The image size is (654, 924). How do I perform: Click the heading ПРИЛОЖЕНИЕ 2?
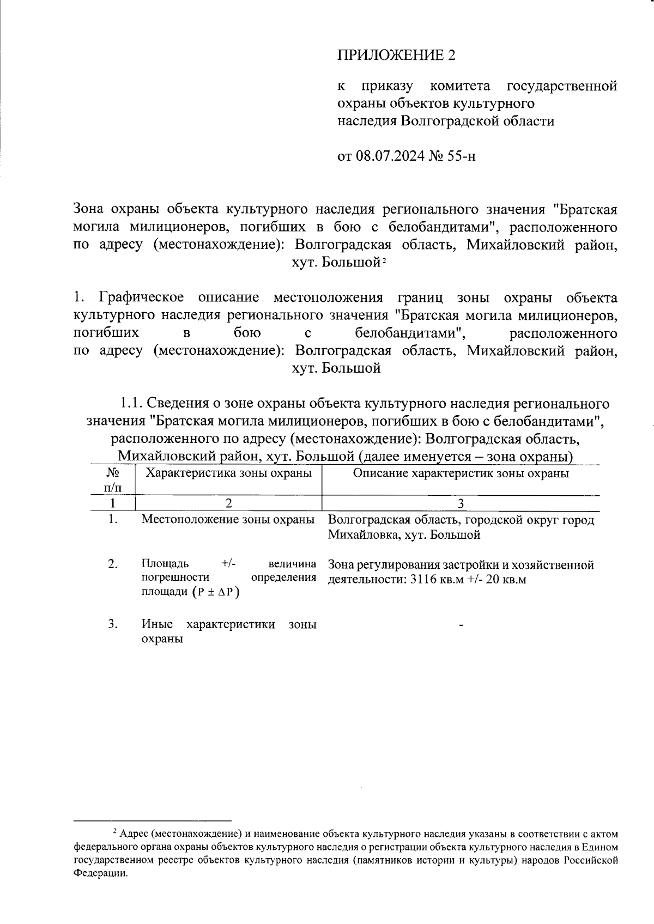tap(396, 55)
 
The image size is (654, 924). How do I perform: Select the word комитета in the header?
tap(460, 86)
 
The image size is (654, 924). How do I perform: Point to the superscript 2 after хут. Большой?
tap(384, 260)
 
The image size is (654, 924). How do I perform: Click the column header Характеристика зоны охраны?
tap(229, 473)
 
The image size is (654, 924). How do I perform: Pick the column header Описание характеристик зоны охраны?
tap(461, 473)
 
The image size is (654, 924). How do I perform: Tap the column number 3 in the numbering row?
tap(461, 503)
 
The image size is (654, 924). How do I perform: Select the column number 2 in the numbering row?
tap(229, 503)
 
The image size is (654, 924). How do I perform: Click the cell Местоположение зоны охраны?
tap(228, 519)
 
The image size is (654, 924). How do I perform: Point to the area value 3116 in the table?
tap(423, 580)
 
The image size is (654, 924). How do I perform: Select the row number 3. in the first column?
tap(113, 624)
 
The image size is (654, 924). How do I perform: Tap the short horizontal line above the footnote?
tap(153, 820)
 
